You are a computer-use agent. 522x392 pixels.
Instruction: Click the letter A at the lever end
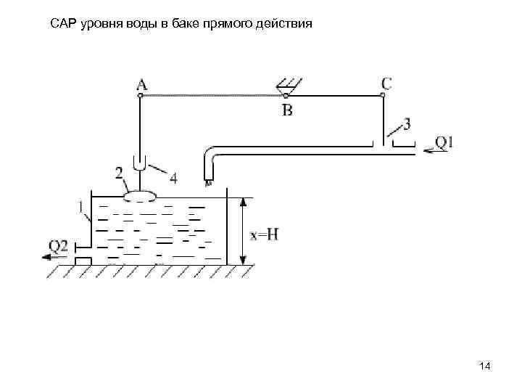[x=141, y=85]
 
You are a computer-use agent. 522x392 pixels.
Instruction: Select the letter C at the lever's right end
[x=386, y=83]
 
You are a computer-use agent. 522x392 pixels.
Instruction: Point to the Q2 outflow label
[x=59, y=247]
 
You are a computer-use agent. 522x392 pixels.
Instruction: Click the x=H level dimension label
[x=265, y=234]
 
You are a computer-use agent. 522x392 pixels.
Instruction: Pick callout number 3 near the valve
[x=407, y=124]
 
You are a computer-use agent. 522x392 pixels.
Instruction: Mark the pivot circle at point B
[x=286, y=96]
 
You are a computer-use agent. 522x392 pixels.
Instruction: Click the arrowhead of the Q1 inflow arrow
[x=428, y=150]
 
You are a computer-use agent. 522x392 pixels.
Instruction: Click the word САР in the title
[x=63, y=24]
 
